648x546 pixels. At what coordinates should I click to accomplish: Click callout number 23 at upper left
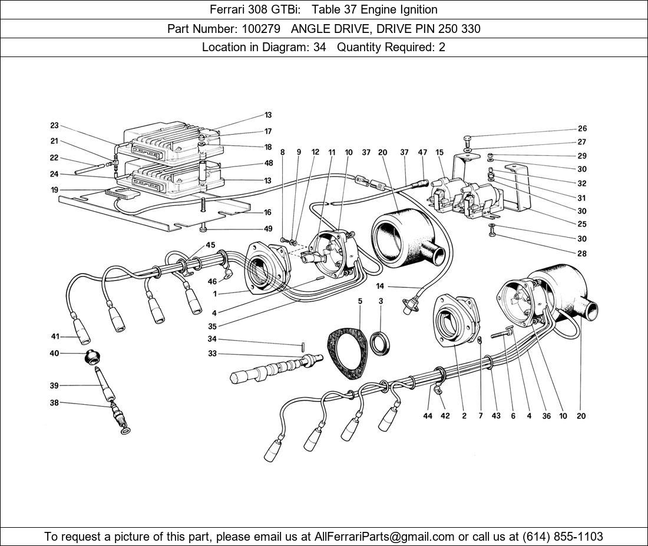tap(54, 125)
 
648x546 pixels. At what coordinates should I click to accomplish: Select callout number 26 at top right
tap(581, 128)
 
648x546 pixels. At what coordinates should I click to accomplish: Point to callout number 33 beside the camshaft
tap(212, 354)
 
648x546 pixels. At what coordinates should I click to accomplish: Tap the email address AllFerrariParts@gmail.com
tap(385, 536)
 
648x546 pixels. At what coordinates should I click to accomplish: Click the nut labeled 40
tap(92, 355)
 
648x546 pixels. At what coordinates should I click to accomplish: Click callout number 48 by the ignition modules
tap(269, 164)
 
